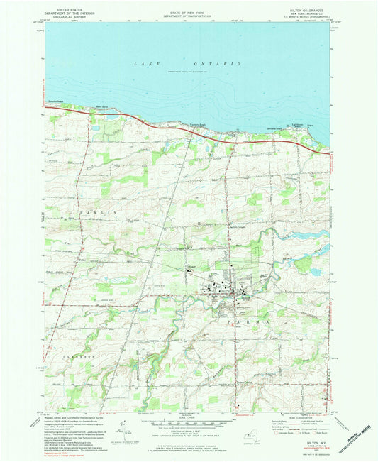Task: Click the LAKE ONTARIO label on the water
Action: (x=188, y=64)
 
